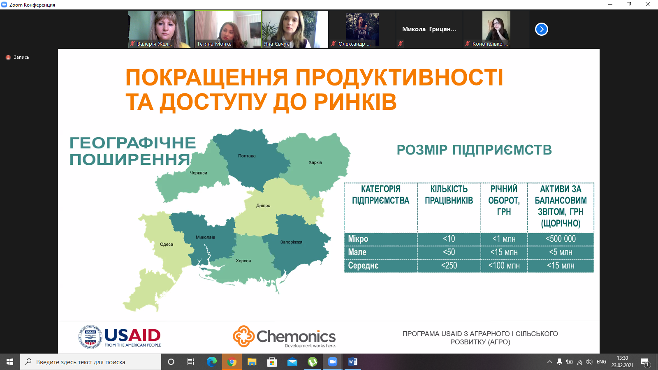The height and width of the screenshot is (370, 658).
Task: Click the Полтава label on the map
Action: click(x=247, y=156)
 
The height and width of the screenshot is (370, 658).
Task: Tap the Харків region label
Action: click(x=315, y=162)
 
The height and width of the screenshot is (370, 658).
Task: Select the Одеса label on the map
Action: click(x=166, y=244)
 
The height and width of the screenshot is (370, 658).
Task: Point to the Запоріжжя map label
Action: click(x=291, y=242)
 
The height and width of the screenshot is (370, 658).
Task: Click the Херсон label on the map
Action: click(x=243, y=261)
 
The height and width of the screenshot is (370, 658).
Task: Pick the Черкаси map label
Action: click(x=198, y=173)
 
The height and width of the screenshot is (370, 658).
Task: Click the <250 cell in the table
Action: click(x=449, y=266)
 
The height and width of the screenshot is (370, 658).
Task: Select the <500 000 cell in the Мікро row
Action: click(x=561, y=239)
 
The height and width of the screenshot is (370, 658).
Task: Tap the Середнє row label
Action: click(x=363, y=266)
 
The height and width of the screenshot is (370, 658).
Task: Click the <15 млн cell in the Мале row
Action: click(x=504, y=252)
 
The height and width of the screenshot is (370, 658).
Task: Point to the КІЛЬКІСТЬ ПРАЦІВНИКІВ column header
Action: click(x=449, y=195)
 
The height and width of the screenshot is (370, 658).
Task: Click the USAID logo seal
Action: click(x=90, y=337)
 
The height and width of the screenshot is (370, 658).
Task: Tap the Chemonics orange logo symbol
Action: click(x=243, y=336)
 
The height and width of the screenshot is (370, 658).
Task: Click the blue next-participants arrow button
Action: click(x=541, y=29)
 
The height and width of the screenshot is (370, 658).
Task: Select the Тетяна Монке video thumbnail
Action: click(x=228, y=29)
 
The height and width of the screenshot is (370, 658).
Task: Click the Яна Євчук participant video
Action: click(x=295, y=29)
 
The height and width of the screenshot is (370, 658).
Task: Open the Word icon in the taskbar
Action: click(x=352, y=362)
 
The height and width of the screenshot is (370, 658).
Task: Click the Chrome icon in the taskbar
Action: click(x=232, y=362)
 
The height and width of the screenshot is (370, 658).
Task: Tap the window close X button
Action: click(x=647, y=5)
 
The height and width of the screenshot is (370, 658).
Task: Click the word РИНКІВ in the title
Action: click(x=355, y=102)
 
